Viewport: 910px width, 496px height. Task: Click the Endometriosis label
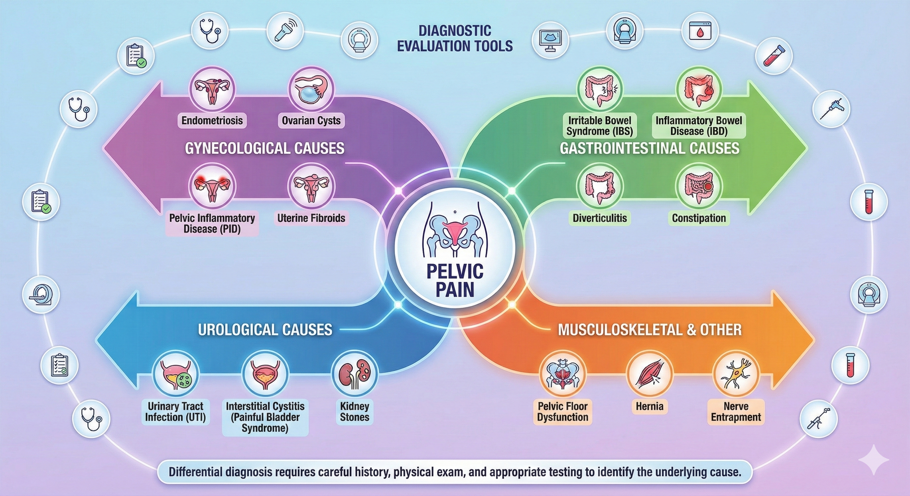click(212, 121)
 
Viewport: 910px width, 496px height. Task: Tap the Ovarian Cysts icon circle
click(311, 89)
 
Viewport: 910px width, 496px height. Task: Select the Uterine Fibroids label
click(311, 218)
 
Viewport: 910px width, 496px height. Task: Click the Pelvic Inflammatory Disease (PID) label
click(212, 223)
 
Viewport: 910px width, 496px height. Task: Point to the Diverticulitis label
click(600, 218)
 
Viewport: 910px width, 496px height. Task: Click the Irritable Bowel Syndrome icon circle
click(600, 89)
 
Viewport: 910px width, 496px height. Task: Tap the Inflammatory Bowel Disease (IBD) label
click(699, 126)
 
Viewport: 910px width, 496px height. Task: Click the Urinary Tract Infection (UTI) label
click(175, 412)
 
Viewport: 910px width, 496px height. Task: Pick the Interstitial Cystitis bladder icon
click(265, 374)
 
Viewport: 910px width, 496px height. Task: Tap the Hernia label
click(649, 406)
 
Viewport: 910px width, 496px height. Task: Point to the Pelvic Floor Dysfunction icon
click(562, 374)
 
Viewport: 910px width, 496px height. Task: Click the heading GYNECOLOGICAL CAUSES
click(265, 148)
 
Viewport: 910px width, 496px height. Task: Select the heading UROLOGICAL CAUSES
click(265, 330)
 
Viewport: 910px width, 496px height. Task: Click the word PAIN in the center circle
click(455, 290)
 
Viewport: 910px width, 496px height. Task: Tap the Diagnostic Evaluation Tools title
click(455, 39)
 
